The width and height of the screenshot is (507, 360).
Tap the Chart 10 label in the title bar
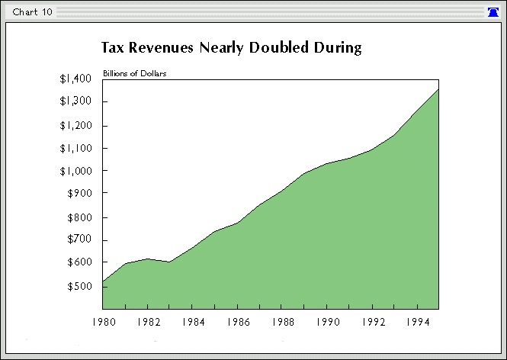click(x=32, y=12)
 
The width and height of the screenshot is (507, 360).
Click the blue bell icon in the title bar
click(x=493, y=12)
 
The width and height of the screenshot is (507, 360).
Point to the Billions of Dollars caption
click(x=135, y=74)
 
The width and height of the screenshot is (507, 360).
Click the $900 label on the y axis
click(x=79, y=194)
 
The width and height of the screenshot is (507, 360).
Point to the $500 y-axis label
click(x=79, y=287)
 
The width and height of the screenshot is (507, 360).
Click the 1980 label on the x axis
click(x=103, y=323)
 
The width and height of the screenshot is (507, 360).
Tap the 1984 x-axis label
click(x=192, y=323)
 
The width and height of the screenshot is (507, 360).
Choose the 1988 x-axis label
click(x=282, y=323)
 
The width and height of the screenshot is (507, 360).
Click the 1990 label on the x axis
click(x=327, y=323)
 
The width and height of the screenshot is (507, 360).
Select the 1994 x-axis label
click(x=416, y=323)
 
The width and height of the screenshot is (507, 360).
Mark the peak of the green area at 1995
click(x=438, y=89)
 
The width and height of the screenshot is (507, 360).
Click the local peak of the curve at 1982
click(x=148, y=259)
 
